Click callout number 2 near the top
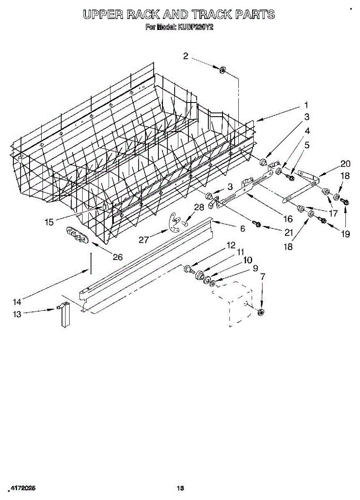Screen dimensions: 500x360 186,56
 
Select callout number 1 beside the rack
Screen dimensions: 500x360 306,105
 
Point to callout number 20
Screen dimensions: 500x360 345,164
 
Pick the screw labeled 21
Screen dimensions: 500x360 257,225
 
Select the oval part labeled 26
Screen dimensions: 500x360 77,235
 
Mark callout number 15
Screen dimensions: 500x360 49,222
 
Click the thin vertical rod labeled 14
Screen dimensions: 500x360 90,263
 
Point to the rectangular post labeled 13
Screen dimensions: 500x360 65,315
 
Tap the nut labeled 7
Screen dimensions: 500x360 261,312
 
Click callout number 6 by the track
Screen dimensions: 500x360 242,228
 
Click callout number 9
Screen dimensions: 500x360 255,269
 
